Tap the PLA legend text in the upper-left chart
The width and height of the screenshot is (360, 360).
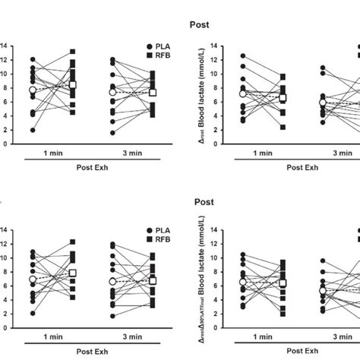[x=163, y=47]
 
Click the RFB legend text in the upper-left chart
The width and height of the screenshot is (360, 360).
[x=163, y=58]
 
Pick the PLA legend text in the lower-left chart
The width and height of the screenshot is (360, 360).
[x=163, y=230]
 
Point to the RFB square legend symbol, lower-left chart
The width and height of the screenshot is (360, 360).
[x=147, y=241]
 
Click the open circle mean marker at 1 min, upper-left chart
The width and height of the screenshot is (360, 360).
[x=33, y=90]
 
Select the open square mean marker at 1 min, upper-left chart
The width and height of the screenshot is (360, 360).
[x=73, y=85]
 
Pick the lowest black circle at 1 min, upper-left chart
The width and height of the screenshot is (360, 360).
[x=33, y=130]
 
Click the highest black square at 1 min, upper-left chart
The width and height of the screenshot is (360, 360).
[x=73, y=52]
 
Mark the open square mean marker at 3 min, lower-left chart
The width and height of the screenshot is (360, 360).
[x=153, y=280]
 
